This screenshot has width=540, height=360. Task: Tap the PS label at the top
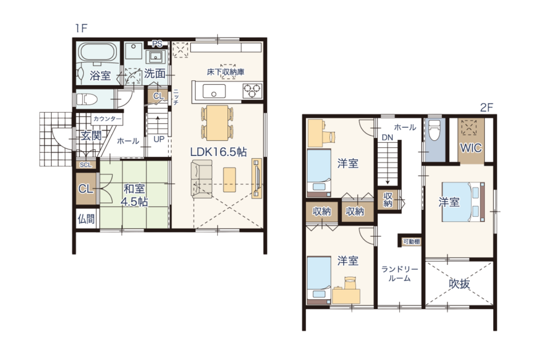[157, 44]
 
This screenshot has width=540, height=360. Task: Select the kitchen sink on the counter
[214, 91]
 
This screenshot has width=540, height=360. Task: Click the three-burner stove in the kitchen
[252, 91]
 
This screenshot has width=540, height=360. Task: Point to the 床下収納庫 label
[226, 72]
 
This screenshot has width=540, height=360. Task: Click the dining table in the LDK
[217, 123]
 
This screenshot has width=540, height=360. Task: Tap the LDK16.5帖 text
[219, 152]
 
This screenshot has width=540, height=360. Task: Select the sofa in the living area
[202, 179]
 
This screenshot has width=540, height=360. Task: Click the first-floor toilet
[86, 99]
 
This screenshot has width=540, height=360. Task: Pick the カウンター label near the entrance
[107, 119]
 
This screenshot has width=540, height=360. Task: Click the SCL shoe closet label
[86, 165]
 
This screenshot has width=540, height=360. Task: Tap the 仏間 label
[86, 219]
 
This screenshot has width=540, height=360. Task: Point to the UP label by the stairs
[159, 139]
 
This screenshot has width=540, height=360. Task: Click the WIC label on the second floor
[471, 148]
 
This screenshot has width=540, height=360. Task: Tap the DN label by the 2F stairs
[388, 138]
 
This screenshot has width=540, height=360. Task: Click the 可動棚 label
[412, 242]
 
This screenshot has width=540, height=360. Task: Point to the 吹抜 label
[459, 284]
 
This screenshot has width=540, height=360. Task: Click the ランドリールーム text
[400, 274]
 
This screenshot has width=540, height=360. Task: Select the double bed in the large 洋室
[463, 202]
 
